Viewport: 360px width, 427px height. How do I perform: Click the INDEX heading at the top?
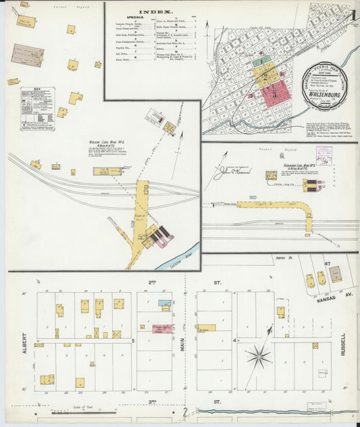tap(155, 12)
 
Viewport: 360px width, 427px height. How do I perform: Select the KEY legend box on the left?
tap(37, 108)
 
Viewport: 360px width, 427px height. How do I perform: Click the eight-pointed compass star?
tap(258, 356)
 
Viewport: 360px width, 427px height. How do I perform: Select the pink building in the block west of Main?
tap(162, 328)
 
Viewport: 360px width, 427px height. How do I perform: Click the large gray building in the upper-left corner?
tap(28, 55)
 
